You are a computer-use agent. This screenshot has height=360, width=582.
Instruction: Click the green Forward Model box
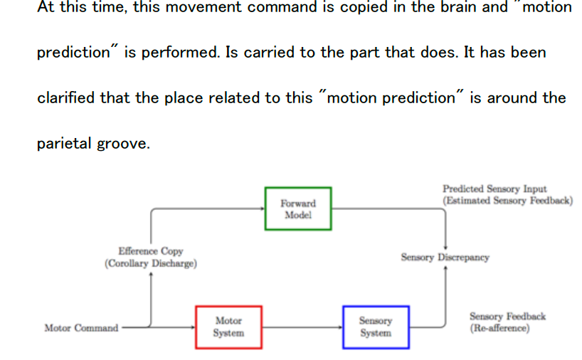click(x=298, y=208)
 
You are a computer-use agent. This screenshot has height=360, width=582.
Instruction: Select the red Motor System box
click(x=228, y=327)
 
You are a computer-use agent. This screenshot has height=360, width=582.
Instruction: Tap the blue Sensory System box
click(x=375, y=327)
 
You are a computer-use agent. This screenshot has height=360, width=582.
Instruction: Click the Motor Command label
click(x=81, y=328)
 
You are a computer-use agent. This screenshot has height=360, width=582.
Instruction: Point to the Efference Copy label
click(x=150, y=251)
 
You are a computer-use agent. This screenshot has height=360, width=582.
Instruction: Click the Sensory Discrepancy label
click(x=445, y=258)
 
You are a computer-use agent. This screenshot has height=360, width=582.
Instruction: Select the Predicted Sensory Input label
click(x=494, y=189)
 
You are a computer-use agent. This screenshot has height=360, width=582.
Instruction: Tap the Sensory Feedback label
click(x=507, y=316)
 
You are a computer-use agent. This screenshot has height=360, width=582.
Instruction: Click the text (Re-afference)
click(x=499, y=328)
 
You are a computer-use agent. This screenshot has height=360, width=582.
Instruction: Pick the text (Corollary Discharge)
click(x=151, y=263)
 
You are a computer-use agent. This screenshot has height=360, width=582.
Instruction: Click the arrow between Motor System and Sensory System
click(x=302, y=327)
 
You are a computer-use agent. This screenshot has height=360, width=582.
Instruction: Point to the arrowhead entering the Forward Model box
click(x=261, y=208)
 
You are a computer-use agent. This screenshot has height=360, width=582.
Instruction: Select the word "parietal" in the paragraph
click(x=60, y=143)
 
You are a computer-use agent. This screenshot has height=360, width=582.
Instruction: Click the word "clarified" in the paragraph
click(x=65, y=97)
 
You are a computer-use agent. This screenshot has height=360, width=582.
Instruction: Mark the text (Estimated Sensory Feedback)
click(x=507, y=201)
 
